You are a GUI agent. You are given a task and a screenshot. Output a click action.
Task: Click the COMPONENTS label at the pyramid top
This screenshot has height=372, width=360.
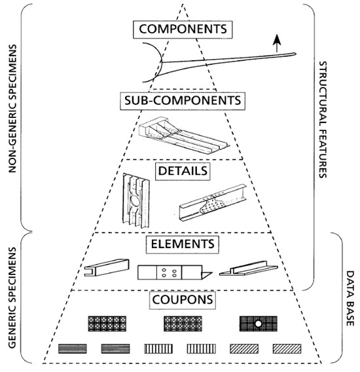click(x=181, y=30)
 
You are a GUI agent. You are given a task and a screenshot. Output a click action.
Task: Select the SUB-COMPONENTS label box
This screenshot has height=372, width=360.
click(x=181, y=102)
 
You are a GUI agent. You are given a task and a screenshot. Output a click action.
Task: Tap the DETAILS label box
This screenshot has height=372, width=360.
click(x=181, y=172)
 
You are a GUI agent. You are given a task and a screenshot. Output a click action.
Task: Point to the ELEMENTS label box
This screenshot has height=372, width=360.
click(x=181, y=244)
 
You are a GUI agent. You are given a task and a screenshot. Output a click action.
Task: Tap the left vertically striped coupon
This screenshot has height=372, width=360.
click(x=156, y=349)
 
